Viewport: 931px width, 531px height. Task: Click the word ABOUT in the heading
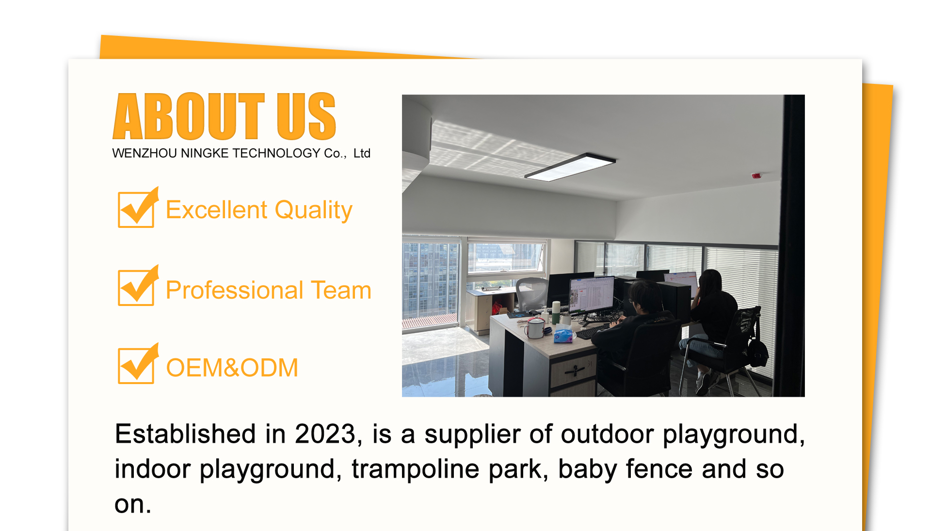coord(189,116)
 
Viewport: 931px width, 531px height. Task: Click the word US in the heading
coord(306,116)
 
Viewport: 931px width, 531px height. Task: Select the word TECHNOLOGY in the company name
coord(276,153)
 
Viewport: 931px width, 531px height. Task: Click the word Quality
coord(313,211)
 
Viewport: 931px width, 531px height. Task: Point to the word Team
coord(341,290)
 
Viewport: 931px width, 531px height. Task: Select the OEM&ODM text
coord(232,368)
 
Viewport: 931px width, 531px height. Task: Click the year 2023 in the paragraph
coord(325,434)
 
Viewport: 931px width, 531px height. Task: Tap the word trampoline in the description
coord(416,469)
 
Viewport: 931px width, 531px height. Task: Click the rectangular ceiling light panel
coord(570,167)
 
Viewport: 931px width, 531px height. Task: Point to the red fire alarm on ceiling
coord(756,175)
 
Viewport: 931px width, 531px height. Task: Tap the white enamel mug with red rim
coord(535,328)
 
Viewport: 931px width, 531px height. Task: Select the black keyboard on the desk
coord(593,331)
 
